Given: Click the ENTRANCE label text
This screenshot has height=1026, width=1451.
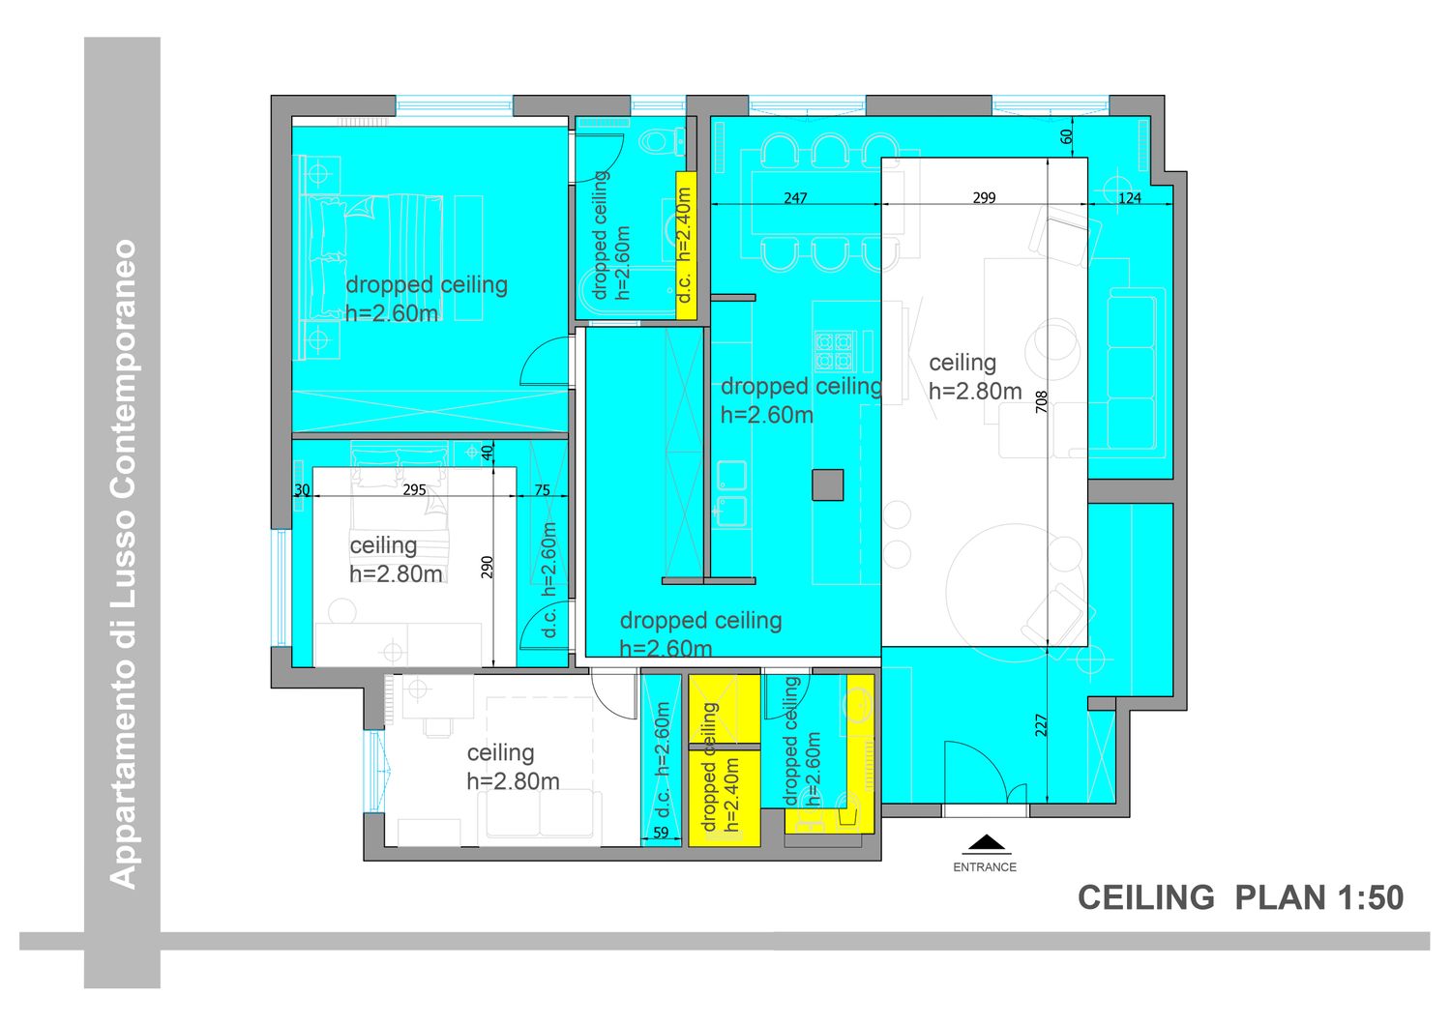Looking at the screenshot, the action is pos(984,866).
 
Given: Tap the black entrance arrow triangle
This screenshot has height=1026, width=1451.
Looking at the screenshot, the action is pos(986,842).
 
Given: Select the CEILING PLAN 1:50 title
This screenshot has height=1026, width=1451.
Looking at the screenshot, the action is pos(1240,897).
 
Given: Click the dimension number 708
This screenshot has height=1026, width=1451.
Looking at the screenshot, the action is pos(1041,401).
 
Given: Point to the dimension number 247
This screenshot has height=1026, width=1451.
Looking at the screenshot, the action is pos(795,198).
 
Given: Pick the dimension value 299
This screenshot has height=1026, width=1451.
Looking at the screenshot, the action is pos(984,197).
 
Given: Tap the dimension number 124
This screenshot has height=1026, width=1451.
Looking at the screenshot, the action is pos(1130,198).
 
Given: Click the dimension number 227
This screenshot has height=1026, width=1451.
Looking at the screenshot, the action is pos(1041,725).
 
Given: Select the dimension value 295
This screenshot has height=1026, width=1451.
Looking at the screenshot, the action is pos(415,489).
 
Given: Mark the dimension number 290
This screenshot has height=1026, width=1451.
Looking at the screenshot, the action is pos(488,567).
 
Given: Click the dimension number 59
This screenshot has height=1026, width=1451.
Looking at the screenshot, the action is pos(661,833).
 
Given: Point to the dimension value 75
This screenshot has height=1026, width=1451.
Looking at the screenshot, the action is pos(542,490).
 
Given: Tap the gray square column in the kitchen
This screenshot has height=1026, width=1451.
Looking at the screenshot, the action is pos(828,485).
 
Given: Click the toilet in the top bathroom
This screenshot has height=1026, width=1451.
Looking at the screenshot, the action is pos(662,141).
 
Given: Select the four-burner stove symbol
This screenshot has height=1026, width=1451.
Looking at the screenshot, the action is pos(834,350).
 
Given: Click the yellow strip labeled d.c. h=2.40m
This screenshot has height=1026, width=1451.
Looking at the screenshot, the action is pos(686,246).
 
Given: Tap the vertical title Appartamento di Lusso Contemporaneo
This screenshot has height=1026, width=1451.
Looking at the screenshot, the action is pos(123,564).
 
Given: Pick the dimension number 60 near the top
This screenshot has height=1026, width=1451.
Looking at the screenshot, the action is pos(1066,136).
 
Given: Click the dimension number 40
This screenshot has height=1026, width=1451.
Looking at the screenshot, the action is pos(488,452).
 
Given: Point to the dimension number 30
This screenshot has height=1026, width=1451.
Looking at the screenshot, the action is pos(302,489).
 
